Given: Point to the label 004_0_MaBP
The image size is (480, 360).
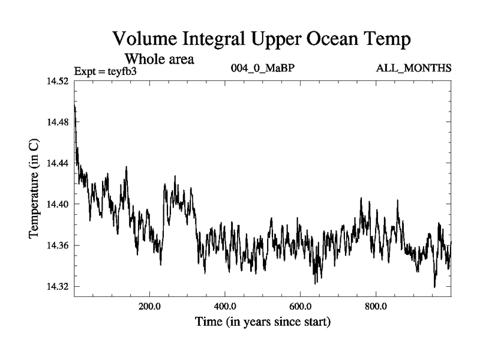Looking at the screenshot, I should pyautogui.click(x=263, y=68).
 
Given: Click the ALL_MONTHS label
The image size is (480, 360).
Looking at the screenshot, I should pyautogui.click(x=413, y=68).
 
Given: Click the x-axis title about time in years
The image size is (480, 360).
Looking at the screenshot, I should pyautogui.click(x=263, y=322).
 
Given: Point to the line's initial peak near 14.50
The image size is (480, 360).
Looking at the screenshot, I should pyautogui.click(x=75, y=106).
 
